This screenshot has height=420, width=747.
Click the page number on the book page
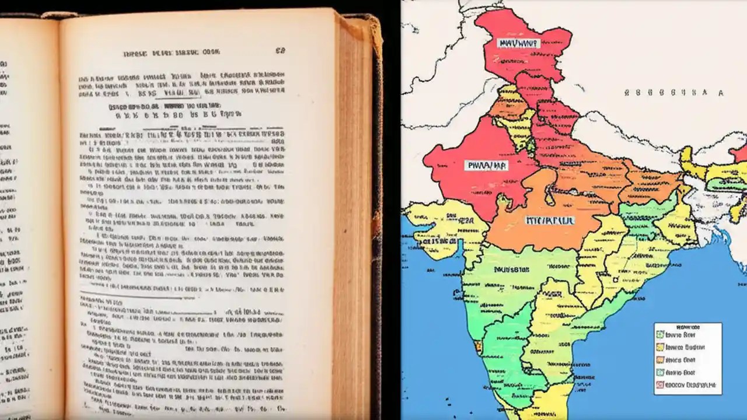click(280, 51)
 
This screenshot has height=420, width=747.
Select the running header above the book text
click(170, 53)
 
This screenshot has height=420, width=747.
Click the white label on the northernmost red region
click(518, 43)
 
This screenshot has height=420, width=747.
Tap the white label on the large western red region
click(486, 166)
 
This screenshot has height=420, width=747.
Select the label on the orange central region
click(549, 220)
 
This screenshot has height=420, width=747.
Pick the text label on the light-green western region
click(511, 270)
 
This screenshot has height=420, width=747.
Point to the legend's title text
click(687, 327)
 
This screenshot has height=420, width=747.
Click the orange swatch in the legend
click(660, 360)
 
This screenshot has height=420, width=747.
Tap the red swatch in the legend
click(660, 385)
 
